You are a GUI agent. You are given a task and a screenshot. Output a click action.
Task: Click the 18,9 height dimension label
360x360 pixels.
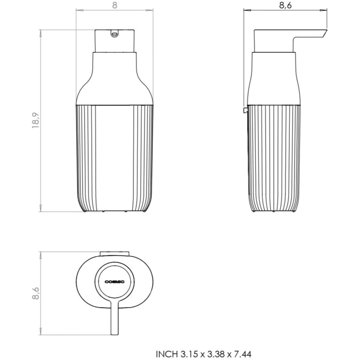[36, 120]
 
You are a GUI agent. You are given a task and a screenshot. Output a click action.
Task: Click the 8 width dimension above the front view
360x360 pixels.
[115, 5]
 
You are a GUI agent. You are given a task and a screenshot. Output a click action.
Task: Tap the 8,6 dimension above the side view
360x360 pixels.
[286, 5]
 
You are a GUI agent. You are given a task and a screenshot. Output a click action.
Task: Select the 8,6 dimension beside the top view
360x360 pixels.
[36, 293]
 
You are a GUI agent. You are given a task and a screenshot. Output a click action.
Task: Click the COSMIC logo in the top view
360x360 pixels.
[115, 282]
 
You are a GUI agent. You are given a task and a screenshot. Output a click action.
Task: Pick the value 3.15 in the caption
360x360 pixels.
[190, 354]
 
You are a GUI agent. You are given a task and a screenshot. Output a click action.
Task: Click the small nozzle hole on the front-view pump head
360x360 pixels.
[114, 34]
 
